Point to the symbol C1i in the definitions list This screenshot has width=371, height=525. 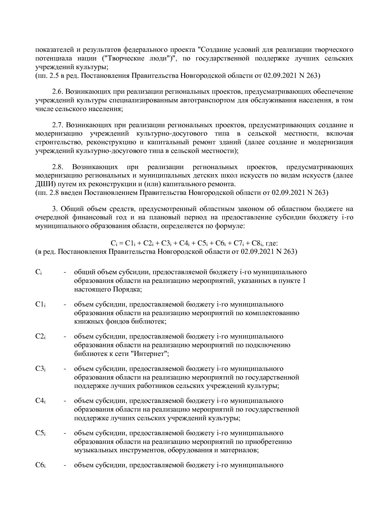pyautogui.click(x=40, y=304)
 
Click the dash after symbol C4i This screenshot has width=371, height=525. pyautogui.click(x=65, y=401)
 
